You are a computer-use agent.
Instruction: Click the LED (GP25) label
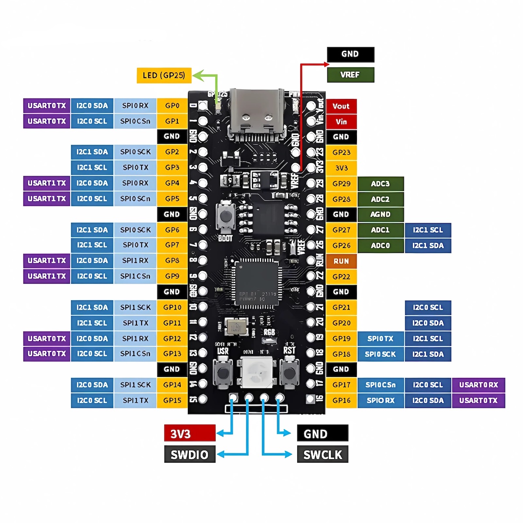[164, 75]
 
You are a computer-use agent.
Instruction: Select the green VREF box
[350, 75]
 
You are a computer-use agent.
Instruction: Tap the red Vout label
[341, 106]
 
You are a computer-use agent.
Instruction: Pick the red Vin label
[341, 122]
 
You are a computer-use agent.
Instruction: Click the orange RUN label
[341, 261]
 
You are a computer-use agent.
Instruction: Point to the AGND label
[380, 214]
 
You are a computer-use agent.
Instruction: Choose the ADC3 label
[380, 183]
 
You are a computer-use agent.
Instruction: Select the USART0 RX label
[479, 385]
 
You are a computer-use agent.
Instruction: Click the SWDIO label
[190, 455]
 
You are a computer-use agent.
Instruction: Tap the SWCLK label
[323, 455]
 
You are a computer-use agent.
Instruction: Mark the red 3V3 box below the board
[190, 434]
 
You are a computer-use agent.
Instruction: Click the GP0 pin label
[172, 105]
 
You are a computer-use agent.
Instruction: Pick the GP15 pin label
[172, 400]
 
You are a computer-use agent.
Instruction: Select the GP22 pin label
[341, 276]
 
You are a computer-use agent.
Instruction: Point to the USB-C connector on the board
[257, 113]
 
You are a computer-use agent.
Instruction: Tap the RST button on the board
[289, 373]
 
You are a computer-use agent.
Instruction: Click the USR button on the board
[223, 373]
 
